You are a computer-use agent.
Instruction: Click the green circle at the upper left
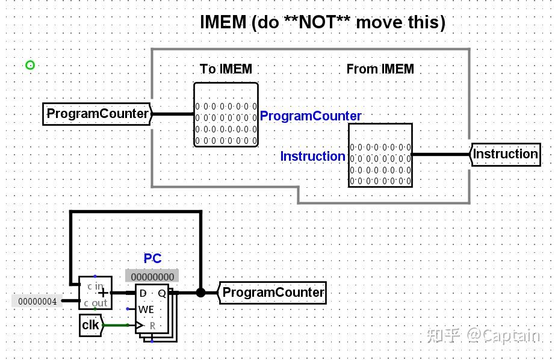coord(30,65)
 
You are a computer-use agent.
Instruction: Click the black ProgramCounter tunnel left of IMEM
coord(98,114)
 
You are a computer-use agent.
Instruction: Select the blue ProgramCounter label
coord(311,116)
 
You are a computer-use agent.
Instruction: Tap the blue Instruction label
coord(312,156)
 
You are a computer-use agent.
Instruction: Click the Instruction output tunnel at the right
coord(505,154)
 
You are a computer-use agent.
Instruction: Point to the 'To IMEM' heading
coord(226,69)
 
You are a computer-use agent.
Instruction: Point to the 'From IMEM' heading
coord(380,69)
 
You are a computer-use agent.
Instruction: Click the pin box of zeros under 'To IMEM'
coord(226,114)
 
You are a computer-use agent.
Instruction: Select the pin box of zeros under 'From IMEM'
coord(380,155)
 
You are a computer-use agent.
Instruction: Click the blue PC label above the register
coord(152,258)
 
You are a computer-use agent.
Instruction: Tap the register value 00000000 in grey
coord(152,276)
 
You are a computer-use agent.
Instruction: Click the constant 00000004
coord(37,301)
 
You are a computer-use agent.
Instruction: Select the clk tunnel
coord(91,325)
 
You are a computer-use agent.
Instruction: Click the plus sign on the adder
coord(104,293)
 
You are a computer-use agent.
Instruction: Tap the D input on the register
coord(143,293)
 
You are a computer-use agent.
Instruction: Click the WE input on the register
coord(146,309)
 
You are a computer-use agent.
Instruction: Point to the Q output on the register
coord(162,293)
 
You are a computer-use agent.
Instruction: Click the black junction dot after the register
coord(200,293)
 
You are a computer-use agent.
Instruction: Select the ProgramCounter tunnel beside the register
coord(272,293)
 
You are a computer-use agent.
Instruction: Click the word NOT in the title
coord(317,22)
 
